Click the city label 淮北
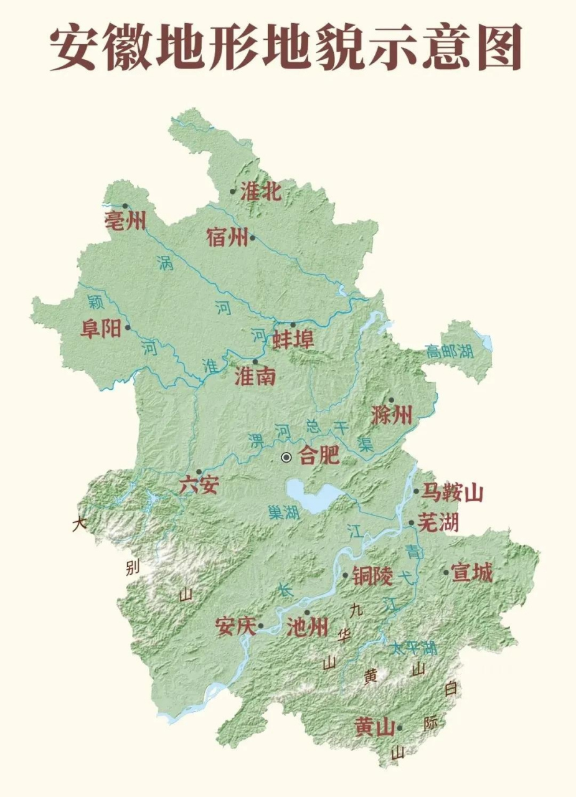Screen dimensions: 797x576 [x=260, y=191]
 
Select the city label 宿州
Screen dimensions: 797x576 [x=227, y=237]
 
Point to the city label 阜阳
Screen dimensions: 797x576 [x=100, y=328]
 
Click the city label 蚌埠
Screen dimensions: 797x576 [x=293, y=339]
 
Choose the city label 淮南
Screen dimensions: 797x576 [x=255, y=376]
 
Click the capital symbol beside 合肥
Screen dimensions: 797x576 [x=286, y=457]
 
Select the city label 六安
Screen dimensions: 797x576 [x=199, y=484]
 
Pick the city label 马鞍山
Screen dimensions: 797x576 [x=452, y=493]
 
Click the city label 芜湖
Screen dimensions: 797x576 [x=437, y=523]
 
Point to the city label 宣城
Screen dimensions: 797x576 [x=472, y=572]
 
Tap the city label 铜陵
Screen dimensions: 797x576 [x=372, y=576]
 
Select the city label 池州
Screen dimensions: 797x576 [x=307, y=627]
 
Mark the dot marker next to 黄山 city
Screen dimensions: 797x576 [x=399, y=727]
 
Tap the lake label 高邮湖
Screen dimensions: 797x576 [x=449, y=351]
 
